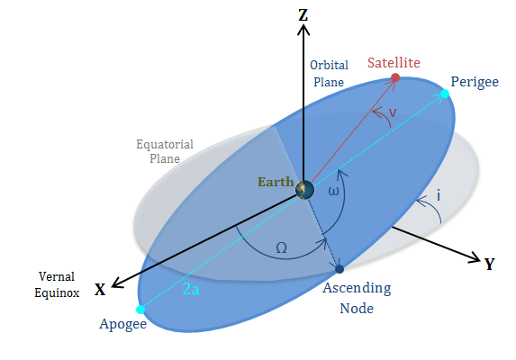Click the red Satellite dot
point(395,77)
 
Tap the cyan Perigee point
point(445,94)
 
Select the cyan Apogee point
point(140,310)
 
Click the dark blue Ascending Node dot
point(339,269)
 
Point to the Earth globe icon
point(304,190)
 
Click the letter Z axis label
point(303,15)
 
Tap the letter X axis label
point(100,290)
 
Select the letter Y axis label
point(490,264)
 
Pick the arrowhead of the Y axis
point(475,257)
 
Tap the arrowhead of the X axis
point(117,283)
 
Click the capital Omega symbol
point(281,247)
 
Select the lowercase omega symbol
point(333,191)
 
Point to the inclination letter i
point(439,195)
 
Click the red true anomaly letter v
point(393,112)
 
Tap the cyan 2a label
point(191,289)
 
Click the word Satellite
point(394,62)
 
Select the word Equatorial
point(165,145)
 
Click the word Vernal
point(57,276)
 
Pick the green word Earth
point(276,182)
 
